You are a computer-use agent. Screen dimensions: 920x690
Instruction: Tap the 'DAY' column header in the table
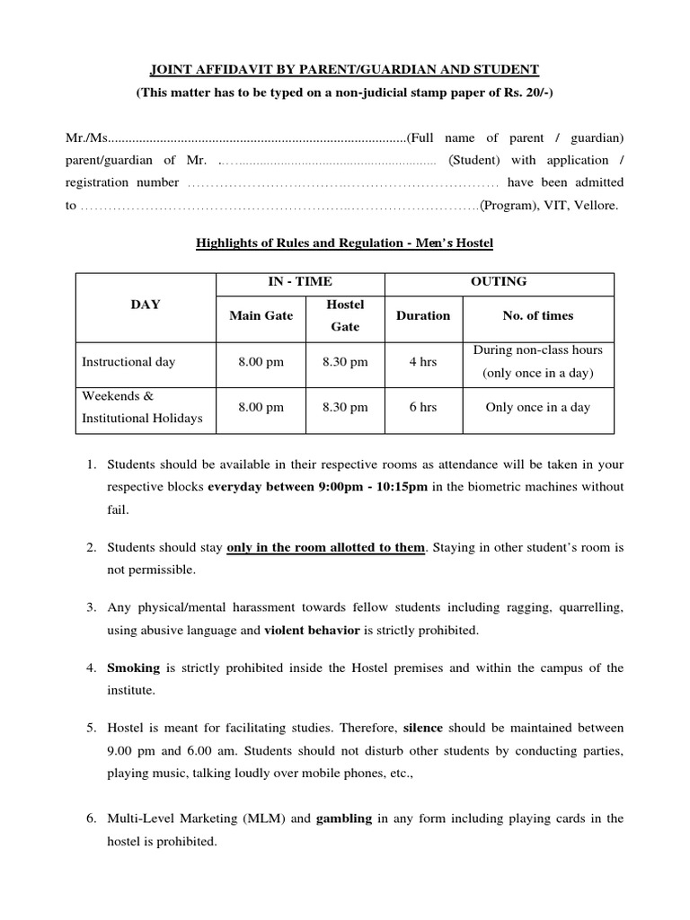(x=146, y=305)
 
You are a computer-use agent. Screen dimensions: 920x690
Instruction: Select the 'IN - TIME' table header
(x=300, y=282)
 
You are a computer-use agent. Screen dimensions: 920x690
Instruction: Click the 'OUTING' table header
(x=500, y=282)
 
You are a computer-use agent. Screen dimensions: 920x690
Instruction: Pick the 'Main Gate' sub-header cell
(x=261, y=315)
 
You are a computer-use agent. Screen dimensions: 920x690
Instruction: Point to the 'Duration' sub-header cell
(x=423, y=315)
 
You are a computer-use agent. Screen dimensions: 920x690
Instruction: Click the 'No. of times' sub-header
(x=537, y=315)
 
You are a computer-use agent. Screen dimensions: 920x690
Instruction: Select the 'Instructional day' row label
(x=128, y=362)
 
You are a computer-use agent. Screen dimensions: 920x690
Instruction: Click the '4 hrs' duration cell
(x=423, y=362)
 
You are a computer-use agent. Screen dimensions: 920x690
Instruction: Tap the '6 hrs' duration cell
(x=423, y=407)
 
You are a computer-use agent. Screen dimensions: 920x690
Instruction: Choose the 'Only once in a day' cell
(x=537, y=407)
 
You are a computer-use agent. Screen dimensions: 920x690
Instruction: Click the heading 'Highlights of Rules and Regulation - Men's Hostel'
(x=345, y=243)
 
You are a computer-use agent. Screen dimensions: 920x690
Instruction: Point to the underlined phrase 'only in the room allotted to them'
(x=325, y=547)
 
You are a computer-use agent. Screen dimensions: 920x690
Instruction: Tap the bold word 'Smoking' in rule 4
(x=133, y=668)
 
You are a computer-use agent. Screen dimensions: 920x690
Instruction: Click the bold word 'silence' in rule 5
(x=424, y=728)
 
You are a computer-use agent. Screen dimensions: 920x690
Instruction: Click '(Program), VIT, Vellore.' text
(x=548, y=206)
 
